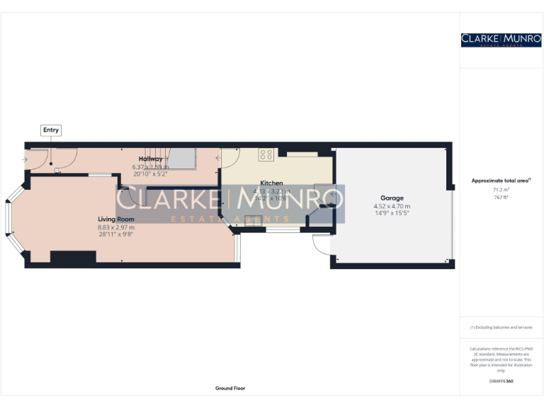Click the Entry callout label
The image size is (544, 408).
coord(51,130)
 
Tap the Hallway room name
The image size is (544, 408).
coord(150,159)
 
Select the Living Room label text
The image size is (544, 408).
coord(115,220)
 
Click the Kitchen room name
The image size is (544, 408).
coord(271,183)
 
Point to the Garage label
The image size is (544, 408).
coord(392,198)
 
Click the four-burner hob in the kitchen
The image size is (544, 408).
coord(267,154)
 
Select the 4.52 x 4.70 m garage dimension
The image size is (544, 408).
coord(392,206)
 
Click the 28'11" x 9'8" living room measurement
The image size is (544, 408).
coord(115,234)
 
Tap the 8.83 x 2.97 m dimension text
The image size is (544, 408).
coord(115,227)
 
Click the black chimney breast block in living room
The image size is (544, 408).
coord(73,258)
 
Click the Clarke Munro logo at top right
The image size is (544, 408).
coord(501,40)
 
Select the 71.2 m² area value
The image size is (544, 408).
coord(501,190)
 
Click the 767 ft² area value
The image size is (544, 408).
coord(501,197)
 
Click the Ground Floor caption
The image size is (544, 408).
coord(230,388)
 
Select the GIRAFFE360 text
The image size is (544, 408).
coord(501,381)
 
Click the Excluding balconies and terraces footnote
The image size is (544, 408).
coord(501,327)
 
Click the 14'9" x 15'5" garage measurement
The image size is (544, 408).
coord(392,213)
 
